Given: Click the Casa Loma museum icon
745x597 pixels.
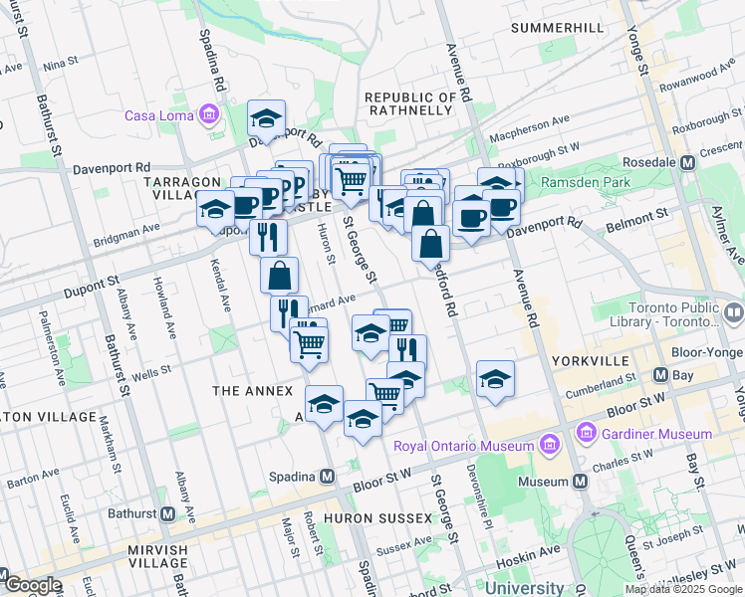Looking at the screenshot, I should tap(209, 115).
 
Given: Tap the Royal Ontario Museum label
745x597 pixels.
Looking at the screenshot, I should tap(463, 446).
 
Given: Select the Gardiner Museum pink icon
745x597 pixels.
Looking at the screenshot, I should tap(585, 434).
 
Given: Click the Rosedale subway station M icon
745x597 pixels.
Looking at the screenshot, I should tap(687, 162).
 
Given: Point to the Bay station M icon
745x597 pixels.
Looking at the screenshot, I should tap(659, 375).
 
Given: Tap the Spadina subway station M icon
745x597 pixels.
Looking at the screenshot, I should tap(327, 477).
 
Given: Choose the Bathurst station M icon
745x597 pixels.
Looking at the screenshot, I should tap(167, 514).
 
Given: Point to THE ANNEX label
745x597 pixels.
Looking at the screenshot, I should tap(253, 392).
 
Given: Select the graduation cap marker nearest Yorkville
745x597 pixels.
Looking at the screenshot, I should tap(495, 378).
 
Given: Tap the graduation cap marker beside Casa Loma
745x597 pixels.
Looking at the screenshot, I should tap(266, 117).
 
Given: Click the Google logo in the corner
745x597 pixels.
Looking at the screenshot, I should tap(32, 585).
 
